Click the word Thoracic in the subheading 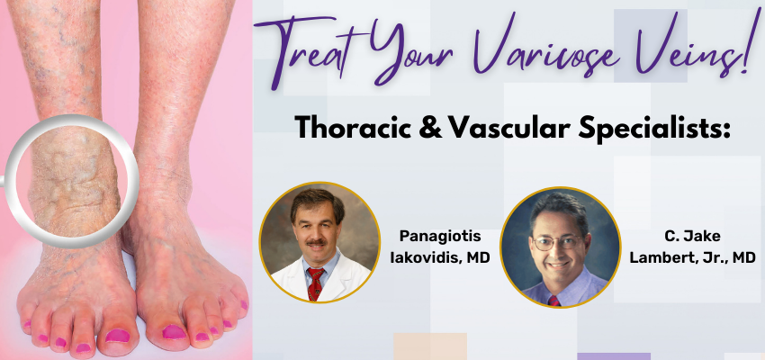(359, 128)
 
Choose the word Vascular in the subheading (509, 129)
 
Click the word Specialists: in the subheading (652, 130)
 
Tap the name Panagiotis (439, 236)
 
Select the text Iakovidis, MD (439, 257)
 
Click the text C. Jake (692, 236)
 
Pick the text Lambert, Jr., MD (692, 257)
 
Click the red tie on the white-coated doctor (315, 283)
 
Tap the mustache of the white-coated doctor (317, 242)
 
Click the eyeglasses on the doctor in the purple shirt (557, 242)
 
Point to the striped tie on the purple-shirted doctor (553, 301)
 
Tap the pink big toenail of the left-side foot (117, 335)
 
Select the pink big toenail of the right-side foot (175, 332)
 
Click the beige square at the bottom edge (430, 346)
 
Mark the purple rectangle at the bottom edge (614, 356)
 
